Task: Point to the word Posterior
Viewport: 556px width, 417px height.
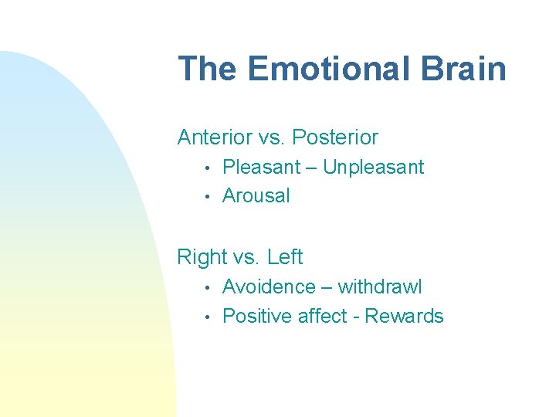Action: pyautogui.click(x=336, y=137)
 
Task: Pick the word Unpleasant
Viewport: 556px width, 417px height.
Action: pyautogui.click(x=373, y=167)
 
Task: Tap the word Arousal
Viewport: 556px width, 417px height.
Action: pyautogui.click(x=256, y=196)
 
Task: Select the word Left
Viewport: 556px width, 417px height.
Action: pyautogui.click(x=285, y=257)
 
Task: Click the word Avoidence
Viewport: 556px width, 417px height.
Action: pyautogui.click(x=269, y=287)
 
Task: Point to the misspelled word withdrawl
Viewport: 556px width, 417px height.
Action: pyautogui.click(x=380, y=287)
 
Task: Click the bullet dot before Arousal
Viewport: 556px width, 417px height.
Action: pyautogui.click(x=207, y=197)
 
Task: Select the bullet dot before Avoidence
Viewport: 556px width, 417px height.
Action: pyautogui.click(x=207, y=288)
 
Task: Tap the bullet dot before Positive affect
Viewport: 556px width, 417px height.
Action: pyautogui.click(x=207, y=317)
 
